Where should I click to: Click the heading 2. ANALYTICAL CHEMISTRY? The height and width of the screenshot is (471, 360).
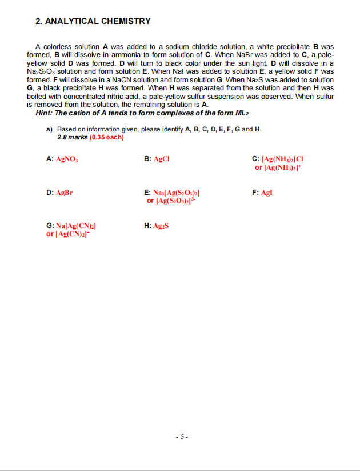pos(93,21)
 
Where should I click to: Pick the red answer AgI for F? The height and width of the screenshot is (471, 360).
pos(266,193)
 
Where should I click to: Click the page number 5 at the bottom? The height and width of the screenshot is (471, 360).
pos(180,437)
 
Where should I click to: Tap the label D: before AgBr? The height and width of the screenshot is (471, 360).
pos(50,193)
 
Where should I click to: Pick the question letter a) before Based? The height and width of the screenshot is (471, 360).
pos(49,129)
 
